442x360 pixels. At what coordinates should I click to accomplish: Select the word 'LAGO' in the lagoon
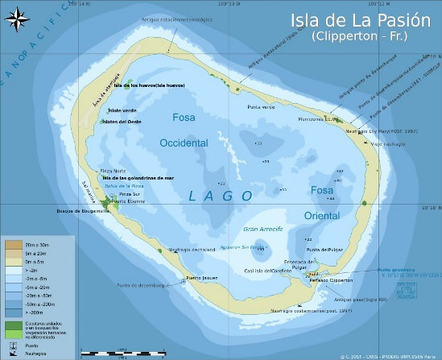pyautogui.click(x=221, y=196)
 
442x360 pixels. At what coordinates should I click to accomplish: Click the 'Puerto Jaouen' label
pyautogui.click(x=202, y=279)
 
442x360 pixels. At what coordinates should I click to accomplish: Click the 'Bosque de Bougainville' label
pyautogui.click(x=81, y=211)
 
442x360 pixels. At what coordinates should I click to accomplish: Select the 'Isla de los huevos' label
pyautogui.click(x=149, y=85)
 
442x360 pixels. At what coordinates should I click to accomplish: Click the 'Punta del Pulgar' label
pyautogui.click(x=324, y=250)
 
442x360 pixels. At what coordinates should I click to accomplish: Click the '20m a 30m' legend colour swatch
pyautogui.click(x=13, y=243)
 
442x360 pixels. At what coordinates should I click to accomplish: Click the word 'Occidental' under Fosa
pyautogui.click(x=184, y=143)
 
